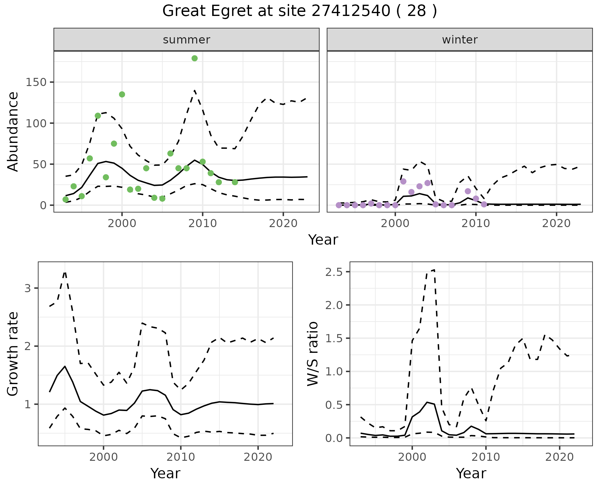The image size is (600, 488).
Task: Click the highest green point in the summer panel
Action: click(x=194, y=58)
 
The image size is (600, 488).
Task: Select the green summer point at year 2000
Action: click(x=122, y=94)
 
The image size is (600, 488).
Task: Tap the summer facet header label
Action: click(x=187, y=40)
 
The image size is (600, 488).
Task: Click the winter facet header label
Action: click(x=460, y=40)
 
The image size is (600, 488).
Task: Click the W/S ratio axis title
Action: click(x=313, y=354)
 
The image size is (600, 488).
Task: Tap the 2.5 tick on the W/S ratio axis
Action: click(x=334, y=272)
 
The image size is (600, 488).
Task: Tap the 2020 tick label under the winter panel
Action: click(x=556, y=223)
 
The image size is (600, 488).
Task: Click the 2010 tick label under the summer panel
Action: click(x=202, y=223)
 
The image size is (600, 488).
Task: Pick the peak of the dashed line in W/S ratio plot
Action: click(x=434, y=270)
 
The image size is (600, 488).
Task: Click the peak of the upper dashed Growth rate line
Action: click(x=65, y=272)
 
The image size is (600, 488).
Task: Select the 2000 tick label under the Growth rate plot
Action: click(x=103, y=457)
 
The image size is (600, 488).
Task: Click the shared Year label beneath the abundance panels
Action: click(x=323, y=240)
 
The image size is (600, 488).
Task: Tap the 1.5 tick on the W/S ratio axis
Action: click(x=334, y=338)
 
